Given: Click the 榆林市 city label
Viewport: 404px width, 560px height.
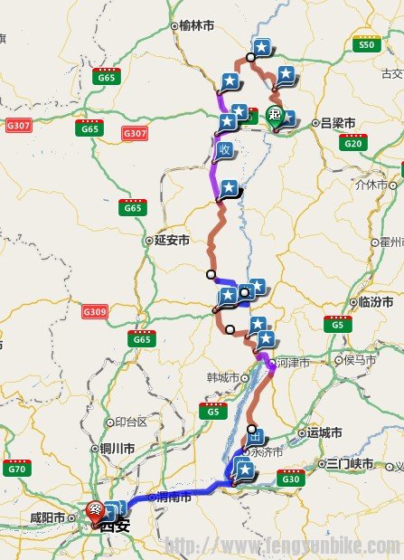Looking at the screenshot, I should tap(200, 27).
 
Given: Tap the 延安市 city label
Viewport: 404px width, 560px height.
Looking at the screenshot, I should tap(172, 241).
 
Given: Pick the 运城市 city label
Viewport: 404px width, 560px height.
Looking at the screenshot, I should tap(324, 432).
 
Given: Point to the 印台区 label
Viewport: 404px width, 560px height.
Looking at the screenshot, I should tap(130, 422).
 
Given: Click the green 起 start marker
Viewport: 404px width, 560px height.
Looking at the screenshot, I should tap(277, 115).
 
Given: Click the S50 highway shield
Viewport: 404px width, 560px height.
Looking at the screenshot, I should tap(366, 43).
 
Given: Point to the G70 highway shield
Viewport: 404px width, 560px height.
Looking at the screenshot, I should tap(16, 468).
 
